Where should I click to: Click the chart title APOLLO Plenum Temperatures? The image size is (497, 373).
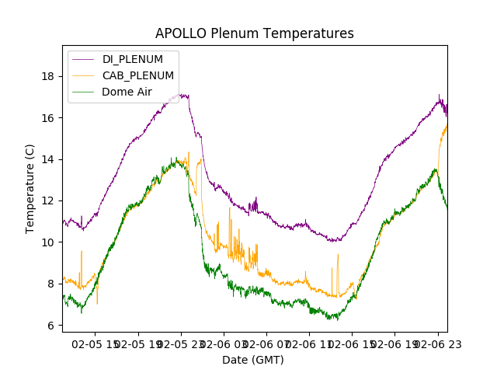point(254,33)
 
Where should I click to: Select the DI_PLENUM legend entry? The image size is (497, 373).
point(133,59)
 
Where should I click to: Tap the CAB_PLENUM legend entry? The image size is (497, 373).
point(137,75)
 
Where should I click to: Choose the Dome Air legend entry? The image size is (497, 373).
point(127,92)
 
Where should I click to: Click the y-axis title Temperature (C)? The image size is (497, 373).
point(30,188)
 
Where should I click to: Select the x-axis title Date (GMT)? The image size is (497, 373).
point(253,360)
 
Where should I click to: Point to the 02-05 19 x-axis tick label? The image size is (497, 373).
point(141,343)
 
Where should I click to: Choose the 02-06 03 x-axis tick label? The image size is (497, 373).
point(225,343)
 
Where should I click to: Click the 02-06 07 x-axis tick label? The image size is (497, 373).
point(268,343)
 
